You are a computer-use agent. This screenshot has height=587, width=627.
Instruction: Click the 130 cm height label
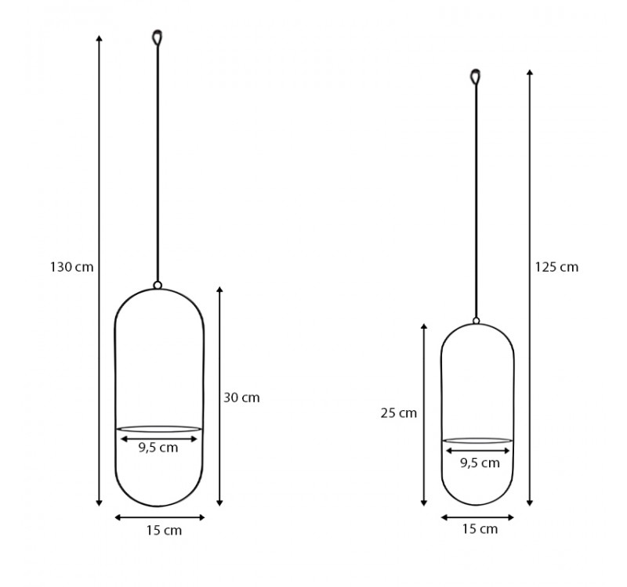tap(72, 267)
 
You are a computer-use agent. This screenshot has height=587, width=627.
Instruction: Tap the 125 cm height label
tap(556, 267)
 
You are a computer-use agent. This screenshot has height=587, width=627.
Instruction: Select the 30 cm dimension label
tap(241, 398)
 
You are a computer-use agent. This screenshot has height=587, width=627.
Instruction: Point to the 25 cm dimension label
tap(399, 413)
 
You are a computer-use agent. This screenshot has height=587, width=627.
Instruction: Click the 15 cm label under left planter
tap(164, 531)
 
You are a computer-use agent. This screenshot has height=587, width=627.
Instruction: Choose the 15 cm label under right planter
tap(480, 529)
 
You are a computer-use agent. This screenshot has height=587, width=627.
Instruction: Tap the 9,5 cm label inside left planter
tap(158, 448)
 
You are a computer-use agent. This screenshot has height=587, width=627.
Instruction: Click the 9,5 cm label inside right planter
tap(480, 463)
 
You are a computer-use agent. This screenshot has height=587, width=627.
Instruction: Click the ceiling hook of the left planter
tap(158, 37)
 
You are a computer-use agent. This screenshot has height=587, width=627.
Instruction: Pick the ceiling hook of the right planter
tap(476, 77)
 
